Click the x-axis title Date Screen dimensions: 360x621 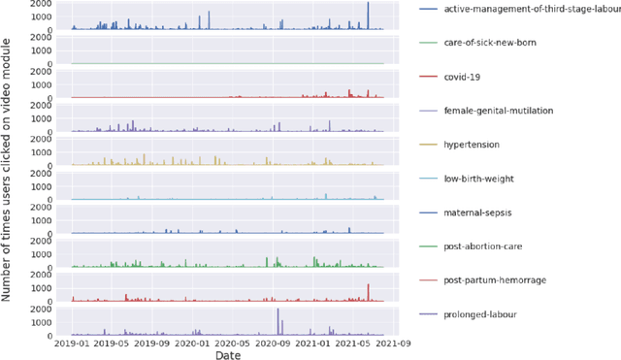(x=229, y=356)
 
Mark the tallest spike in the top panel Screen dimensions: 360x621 (x=368, y=5)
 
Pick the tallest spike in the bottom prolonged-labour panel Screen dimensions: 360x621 (x=278, y=311)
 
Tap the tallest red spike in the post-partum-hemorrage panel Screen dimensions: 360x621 (x=368, y=285)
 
